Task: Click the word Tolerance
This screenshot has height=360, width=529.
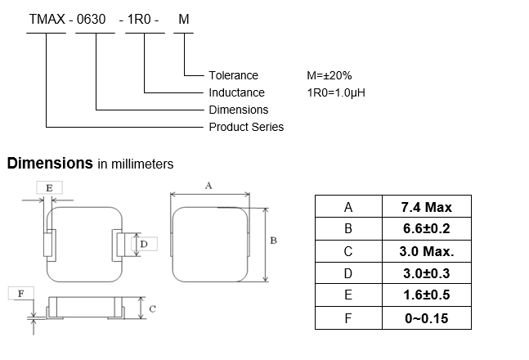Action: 233,75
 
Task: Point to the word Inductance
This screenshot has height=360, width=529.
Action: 236,92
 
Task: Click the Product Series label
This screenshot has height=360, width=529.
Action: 246,127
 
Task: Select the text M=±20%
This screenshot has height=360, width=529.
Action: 329,75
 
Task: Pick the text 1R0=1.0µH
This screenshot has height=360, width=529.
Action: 335,92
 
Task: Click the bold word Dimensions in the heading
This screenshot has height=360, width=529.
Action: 50,163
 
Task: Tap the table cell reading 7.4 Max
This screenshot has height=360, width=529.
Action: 426,207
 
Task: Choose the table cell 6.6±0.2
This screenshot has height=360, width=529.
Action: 426,229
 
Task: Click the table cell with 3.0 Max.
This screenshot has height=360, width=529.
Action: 426,251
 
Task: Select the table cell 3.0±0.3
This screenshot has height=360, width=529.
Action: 426,273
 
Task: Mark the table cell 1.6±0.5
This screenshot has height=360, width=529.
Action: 426,295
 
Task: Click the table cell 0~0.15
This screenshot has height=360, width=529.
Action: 426,317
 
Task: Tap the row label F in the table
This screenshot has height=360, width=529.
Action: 348,317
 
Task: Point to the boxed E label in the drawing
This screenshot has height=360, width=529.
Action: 49,188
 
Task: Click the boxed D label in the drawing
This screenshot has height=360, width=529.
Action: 143,244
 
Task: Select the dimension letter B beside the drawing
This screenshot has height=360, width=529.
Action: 273,241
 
